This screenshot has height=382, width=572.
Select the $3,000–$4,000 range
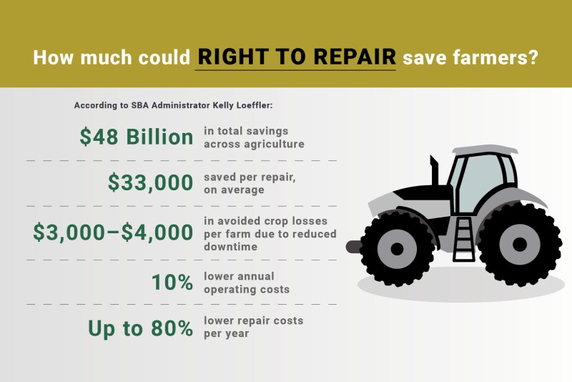click(113, 232)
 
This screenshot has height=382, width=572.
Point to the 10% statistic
click(172, 283)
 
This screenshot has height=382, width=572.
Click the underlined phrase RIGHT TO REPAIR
click(296, 57)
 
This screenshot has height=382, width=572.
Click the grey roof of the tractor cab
click(483, 150)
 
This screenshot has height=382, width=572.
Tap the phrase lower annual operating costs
click(247, 283)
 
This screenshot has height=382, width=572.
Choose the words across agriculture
click(254, 144)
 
